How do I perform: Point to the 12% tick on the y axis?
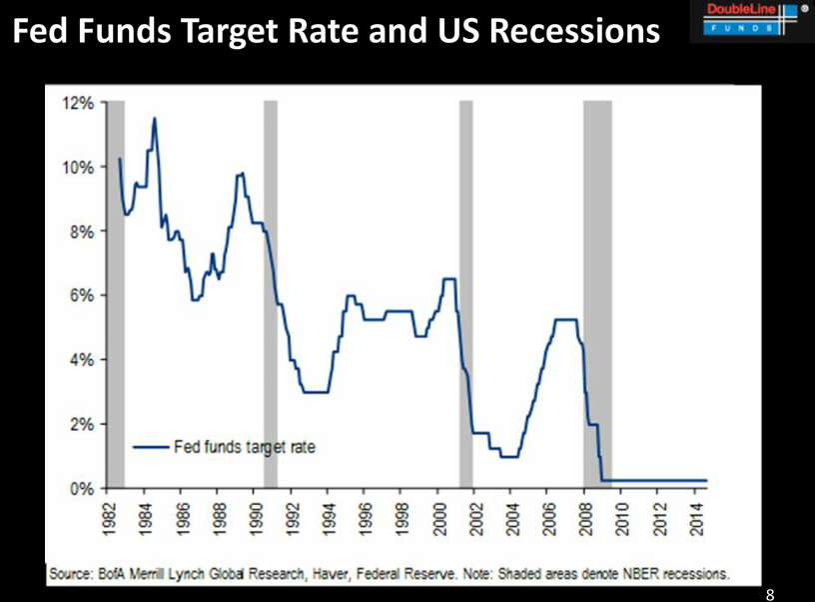tap(80, 103)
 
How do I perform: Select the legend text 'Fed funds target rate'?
tap(245, 447)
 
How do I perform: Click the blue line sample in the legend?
tap(151, 447)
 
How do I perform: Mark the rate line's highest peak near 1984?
tap(154, 119)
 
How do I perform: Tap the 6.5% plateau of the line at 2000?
tap(448, 279)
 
